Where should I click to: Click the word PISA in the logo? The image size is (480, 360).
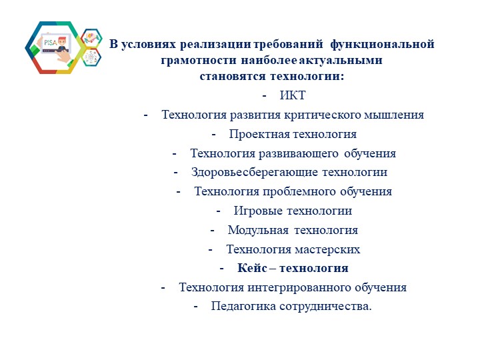point(51,41)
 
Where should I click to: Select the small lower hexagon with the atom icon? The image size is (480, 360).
point(91,59)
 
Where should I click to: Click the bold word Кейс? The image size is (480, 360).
point(252,269)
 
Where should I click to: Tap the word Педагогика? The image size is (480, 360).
point(243,307)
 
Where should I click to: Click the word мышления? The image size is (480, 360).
point(394,115)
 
